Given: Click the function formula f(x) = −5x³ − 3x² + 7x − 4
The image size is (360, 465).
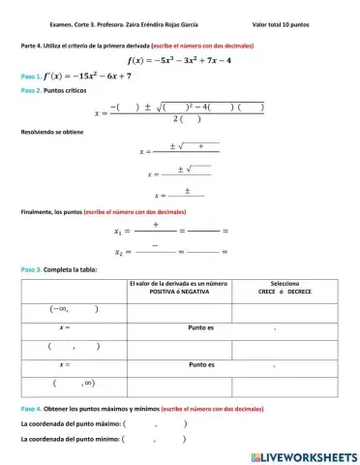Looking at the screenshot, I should pos(179,59).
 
